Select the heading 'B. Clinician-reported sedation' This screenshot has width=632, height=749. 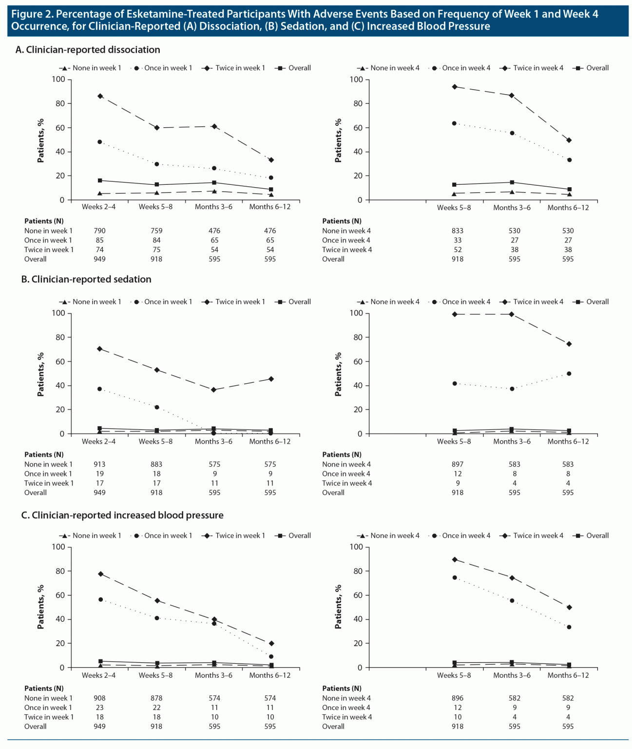86,279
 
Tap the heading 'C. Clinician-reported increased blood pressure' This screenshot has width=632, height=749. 122,515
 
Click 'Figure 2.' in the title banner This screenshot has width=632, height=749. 32,14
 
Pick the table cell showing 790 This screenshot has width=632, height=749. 99,231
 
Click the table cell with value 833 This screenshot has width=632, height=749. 457,231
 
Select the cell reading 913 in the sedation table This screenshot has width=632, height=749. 99,464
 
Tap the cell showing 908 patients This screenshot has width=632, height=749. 99,698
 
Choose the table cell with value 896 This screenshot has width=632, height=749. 457,698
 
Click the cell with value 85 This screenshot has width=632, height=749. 99,240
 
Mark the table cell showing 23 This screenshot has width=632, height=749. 99,708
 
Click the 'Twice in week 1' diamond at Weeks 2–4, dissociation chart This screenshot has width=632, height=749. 100,96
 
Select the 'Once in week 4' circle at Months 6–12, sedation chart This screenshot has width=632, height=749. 569,374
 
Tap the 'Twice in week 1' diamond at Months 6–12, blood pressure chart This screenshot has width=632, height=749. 271,644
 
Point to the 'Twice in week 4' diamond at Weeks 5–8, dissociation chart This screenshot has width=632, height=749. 455,87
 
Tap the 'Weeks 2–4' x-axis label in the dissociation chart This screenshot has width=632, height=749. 99,207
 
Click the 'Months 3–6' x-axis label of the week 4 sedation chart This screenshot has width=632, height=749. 512,441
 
